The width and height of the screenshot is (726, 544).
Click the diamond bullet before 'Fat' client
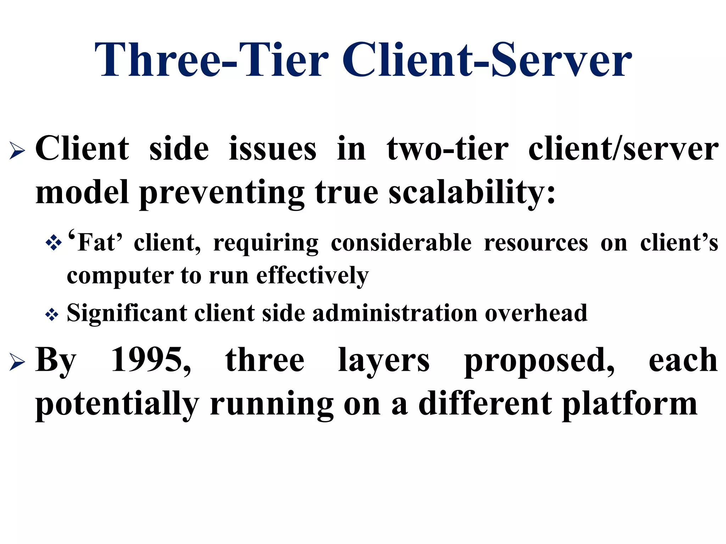click(54, 243)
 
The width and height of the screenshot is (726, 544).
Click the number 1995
click(151, 361)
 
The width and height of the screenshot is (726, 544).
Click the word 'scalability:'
click(472, 193)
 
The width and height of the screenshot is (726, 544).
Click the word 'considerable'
click(401, 243)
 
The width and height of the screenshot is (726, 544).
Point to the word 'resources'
click(536, 243)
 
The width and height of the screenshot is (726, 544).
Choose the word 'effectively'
click(312, 276)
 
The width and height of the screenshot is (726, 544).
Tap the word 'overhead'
click(536, 313)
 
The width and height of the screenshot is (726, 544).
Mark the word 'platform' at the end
click(630, 404)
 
